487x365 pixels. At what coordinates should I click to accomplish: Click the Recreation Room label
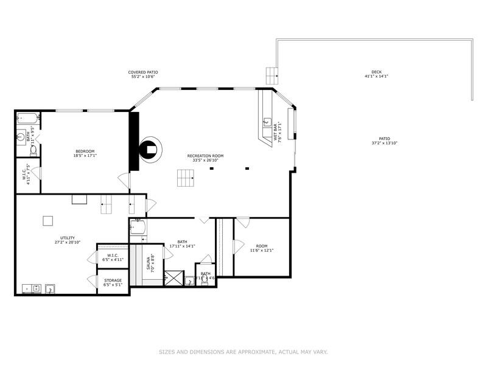[x=205, y=156]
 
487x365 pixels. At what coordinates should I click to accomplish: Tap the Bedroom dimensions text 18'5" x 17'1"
[x=85, y=156]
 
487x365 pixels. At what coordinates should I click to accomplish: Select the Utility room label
[x=67, y=237]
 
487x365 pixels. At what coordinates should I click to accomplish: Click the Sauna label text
[x=149, y=263]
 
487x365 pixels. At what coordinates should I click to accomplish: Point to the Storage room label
[x=113, y=280]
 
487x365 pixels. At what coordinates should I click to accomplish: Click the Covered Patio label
[x=143, y=72]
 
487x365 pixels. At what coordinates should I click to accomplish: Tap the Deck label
[x=377, y=72]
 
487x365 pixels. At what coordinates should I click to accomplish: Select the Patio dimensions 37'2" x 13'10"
[x=384, y=143]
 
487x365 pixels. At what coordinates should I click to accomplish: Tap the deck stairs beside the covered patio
[x=272, y=76]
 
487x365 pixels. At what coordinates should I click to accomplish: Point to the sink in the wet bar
[x=267, y=122]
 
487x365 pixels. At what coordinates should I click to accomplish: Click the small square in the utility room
[x=47, y=221]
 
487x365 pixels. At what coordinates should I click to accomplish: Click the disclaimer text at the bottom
[x=243, y=352]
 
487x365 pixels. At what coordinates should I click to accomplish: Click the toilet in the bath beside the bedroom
[x=34, y=149]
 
